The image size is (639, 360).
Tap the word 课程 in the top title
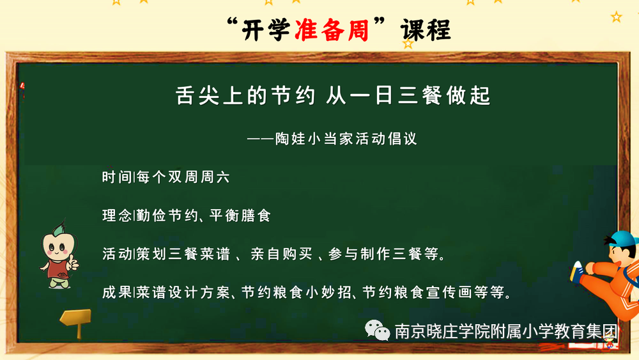pos(426,30)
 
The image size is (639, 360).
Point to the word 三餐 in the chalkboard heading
pos(419,96)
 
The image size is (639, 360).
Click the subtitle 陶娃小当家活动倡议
pos(346,139)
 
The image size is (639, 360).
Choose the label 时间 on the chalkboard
pos(117,177)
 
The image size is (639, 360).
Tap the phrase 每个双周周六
pos(183,177)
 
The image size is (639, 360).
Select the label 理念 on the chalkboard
pos(117,215)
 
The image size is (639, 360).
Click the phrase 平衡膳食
pos(240,215)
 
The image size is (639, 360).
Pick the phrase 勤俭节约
pos(167,215)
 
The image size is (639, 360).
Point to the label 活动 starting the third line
pos(117,254)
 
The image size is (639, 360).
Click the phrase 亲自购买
pos(282,254)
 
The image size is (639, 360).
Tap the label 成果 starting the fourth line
pos(117,292)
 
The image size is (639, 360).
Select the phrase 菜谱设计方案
pos(183,292)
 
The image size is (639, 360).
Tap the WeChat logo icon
pos(378,330)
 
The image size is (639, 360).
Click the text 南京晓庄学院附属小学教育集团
pos(506,331)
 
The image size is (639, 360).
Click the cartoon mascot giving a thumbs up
pos(59,254)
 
